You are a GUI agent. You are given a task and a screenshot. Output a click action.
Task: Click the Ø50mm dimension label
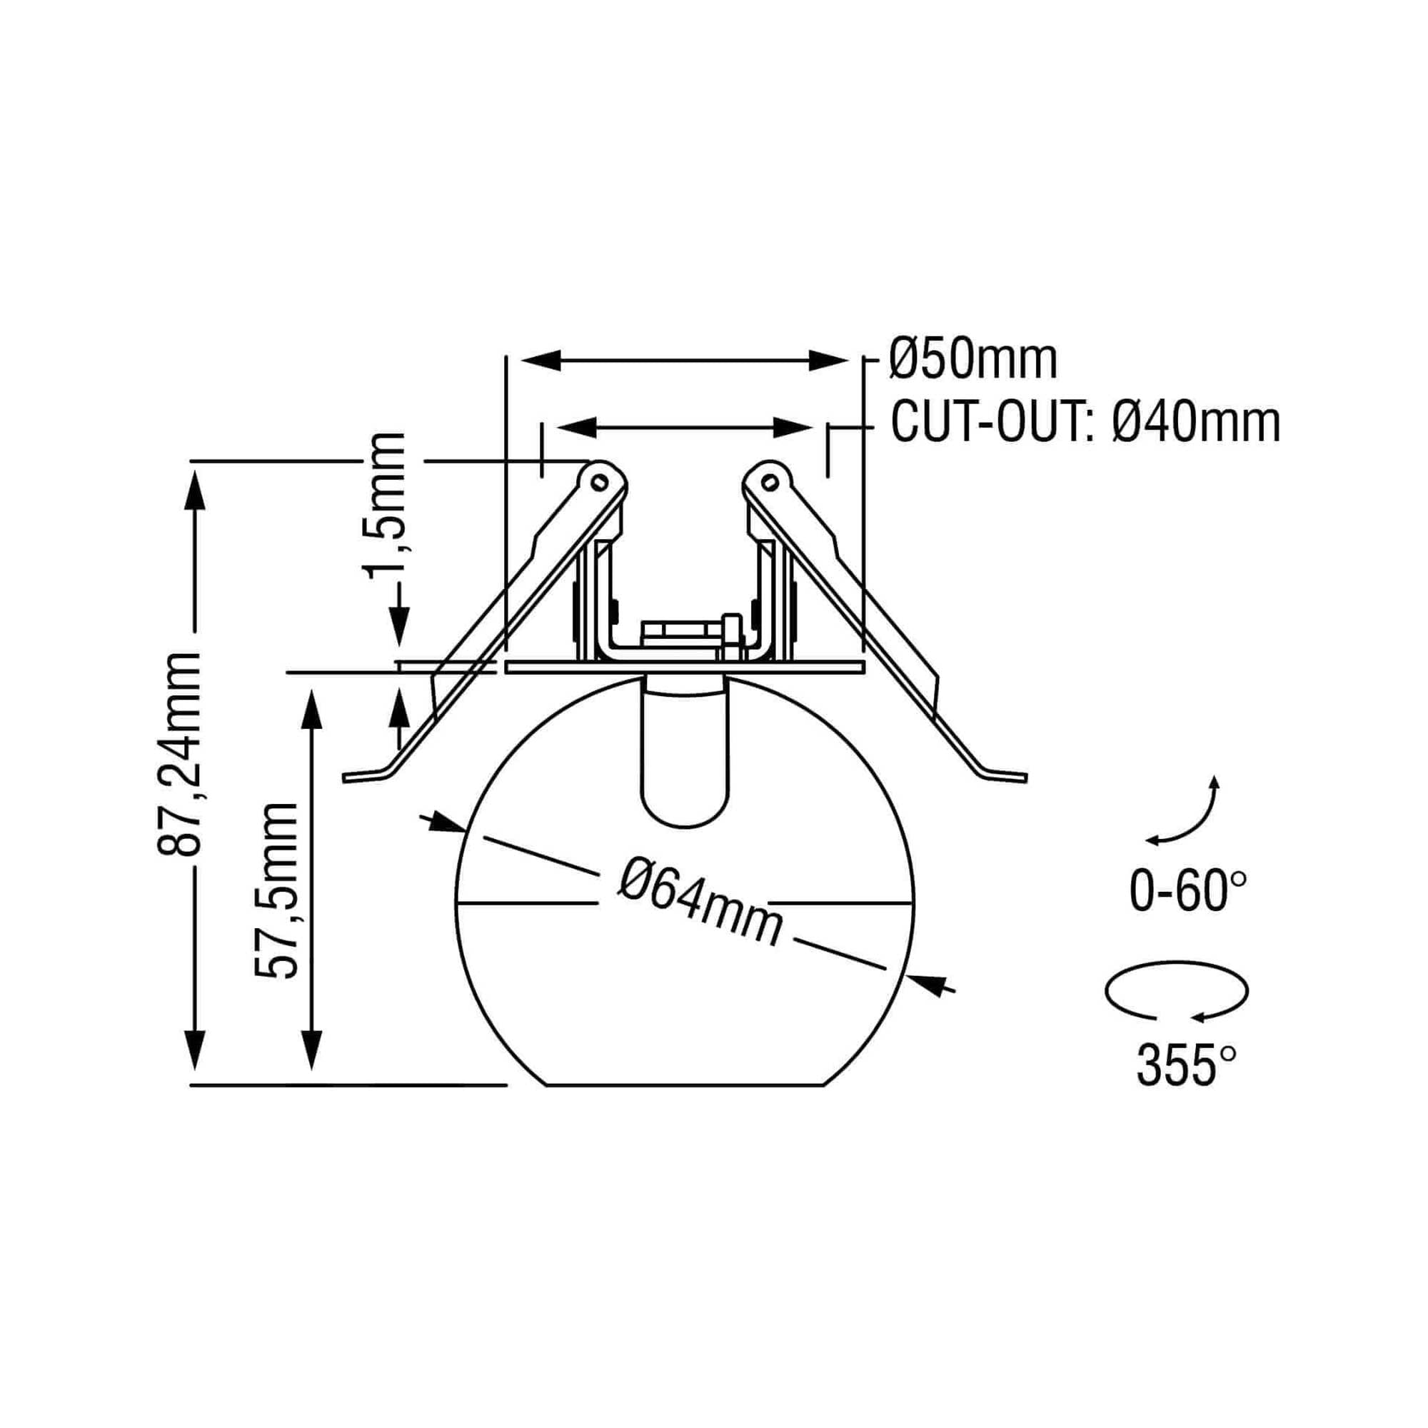coord(973,360)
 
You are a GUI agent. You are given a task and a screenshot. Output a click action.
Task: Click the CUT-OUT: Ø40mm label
coord(1085,423)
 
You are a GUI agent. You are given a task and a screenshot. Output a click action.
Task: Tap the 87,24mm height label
coord(180,754)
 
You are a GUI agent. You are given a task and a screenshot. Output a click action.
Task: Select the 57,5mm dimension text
coord(276,890)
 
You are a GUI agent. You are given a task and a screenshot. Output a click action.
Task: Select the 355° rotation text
coord(1185,1087)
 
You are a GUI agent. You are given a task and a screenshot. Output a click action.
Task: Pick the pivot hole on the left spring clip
coord(599,482)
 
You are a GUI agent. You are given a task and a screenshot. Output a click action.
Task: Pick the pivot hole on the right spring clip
coord(770,484)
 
